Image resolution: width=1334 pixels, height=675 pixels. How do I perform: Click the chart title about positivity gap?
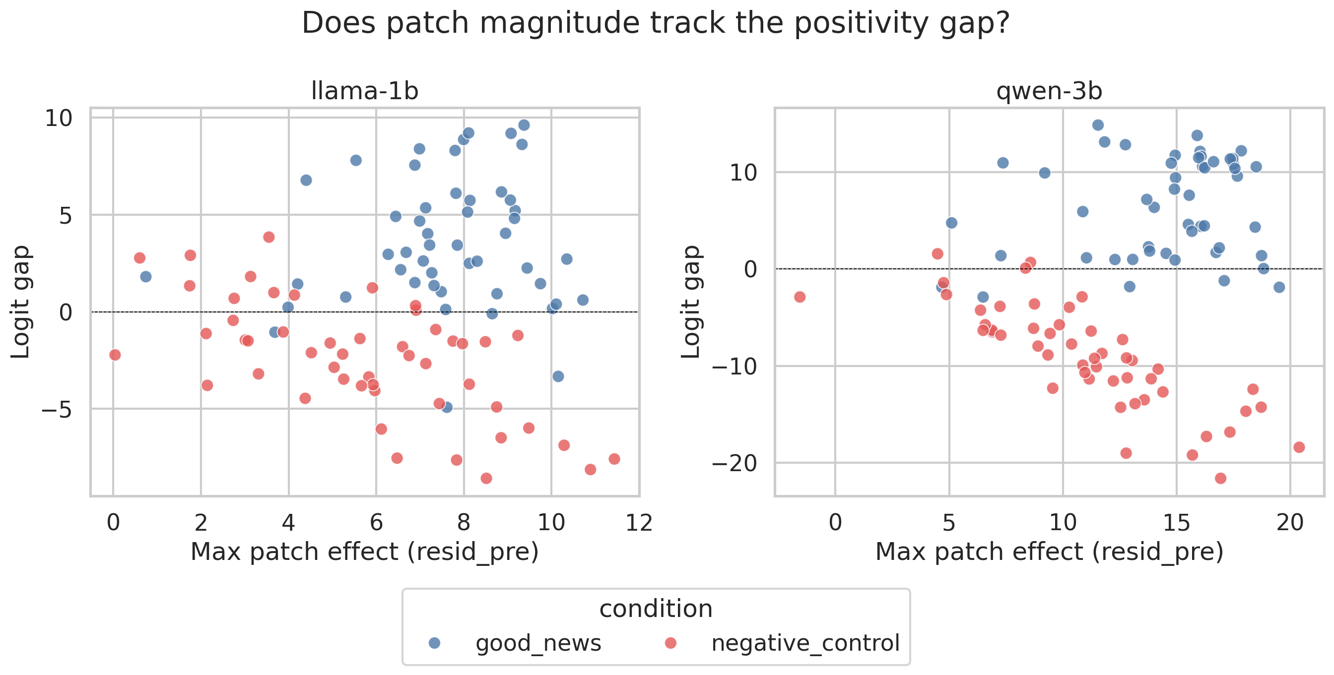[656, 23]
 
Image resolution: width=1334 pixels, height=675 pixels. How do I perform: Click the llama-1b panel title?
[365, 91]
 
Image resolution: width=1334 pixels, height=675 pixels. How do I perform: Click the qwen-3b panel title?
[1049, 91]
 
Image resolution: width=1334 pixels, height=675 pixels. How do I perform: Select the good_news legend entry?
[537, 643]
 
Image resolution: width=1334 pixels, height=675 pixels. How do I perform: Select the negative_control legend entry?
[805, 643]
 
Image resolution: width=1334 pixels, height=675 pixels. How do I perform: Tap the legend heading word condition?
[656, 609]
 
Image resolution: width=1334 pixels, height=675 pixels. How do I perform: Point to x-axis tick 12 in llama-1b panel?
[639, 523]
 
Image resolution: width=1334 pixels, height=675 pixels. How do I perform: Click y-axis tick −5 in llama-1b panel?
[57, 410]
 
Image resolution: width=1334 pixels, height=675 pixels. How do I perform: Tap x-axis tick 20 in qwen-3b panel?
[1290, 523]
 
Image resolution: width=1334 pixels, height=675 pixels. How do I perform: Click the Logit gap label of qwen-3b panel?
[691, 303]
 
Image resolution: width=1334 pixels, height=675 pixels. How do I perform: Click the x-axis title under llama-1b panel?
[365, 552]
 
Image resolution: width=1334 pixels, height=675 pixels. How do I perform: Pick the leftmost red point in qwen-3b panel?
[800, 297]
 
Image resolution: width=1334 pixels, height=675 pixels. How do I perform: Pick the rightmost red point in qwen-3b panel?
[1299, 447]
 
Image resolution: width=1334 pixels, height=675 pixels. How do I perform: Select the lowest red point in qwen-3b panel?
[1220, 478]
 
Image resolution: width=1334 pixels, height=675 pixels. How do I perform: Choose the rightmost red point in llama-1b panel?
[614, 459]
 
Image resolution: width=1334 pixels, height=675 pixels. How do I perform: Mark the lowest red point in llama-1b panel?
[486, 478]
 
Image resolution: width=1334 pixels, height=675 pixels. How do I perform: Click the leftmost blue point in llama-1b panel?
[145, 276]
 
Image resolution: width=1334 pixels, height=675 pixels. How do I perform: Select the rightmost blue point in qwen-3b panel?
[1279, 287]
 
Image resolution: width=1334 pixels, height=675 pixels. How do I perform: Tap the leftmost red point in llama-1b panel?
[115, 355]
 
